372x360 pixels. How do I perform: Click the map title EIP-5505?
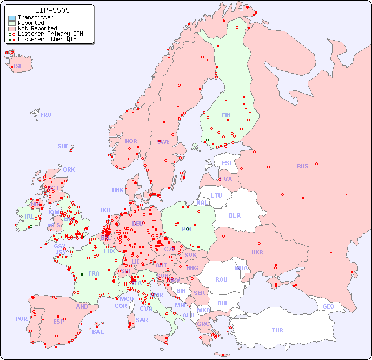52,10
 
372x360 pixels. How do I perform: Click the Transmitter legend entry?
36,17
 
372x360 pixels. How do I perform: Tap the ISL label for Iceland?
18,67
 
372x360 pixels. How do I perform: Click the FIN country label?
226,115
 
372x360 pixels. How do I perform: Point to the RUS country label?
302,166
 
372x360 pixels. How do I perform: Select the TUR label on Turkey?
277,330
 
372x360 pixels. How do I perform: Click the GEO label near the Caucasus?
328,306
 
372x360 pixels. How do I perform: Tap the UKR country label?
257,252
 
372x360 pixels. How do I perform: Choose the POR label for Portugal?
21,319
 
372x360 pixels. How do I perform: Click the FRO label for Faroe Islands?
46,115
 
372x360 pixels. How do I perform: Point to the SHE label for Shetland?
63,146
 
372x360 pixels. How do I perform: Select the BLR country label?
235,215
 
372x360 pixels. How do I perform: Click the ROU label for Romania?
221,279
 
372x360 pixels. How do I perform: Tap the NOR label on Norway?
131,141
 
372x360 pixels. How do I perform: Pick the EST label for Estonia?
227,163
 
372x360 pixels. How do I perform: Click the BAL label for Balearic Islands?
98,332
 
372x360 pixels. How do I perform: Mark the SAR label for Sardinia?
142,320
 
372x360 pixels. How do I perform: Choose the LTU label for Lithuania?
216,195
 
